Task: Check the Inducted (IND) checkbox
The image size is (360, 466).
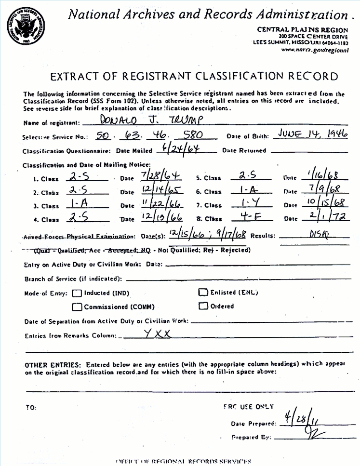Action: tap(77, 293)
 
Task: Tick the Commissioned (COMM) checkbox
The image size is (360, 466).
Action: tap(77, 306)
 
